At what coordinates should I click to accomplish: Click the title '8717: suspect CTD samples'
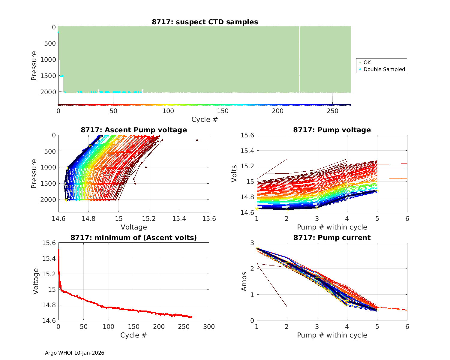[x=205, y=22]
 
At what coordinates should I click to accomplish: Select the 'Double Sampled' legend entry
[x=384, y=69]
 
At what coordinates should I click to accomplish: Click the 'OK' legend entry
[x=367, y=62]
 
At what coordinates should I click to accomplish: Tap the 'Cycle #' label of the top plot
[x=205, y=119]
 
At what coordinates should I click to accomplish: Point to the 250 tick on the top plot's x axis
[x=332, y=111]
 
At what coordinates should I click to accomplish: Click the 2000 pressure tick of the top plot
[x=48, y=92]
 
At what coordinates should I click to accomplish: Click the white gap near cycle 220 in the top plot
[x=300, y=60]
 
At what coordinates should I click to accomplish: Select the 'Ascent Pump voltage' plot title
[x=134, y=130]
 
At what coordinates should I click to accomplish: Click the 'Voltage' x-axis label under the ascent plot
[x=134, y=227]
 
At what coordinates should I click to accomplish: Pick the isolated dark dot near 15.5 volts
[x=197, y=140]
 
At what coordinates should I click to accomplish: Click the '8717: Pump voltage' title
[x=332, y=130]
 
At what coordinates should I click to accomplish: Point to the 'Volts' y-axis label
[x=234, y=174]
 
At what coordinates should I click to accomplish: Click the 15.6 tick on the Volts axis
[x=247, y=135]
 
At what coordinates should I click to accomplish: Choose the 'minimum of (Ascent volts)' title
[x=134, y=238]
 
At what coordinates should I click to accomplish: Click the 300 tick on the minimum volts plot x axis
[x=209, y=326]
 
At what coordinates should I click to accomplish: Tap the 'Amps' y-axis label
[x=244, y=281]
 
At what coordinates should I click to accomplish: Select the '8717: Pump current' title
[x=332, y=238]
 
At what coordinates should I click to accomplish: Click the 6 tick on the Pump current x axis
[x=407, y=326]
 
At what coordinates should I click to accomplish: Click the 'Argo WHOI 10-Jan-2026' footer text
[x=74, y=353]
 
